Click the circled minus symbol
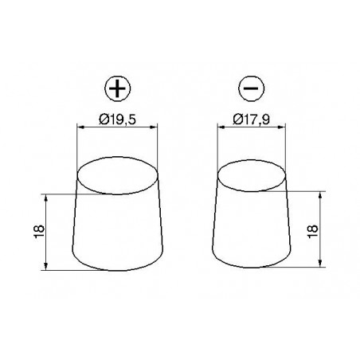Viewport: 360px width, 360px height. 251,88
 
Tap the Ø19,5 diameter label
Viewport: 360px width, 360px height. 117,119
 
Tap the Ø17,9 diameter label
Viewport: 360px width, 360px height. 251,119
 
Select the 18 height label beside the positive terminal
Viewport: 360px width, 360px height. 39,232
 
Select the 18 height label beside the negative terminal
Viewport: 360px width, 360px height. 313,232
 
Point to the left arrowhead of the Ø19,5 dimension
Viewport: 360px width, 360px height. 80,127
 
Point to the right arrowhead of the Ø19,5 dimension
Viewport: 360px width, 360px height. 154,127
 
